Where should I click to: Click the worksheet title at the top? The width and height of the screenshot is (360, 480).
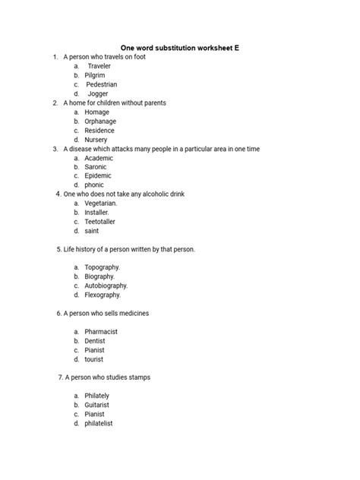tap(180, 47)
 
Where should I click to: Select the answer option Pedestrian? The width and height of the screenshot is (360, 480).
tap(102, 84)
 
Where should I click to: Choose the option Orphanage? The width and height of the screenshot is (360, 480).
tap(100, 122)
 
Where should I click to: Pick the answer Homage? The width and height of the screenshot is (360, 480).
tap(96, 112)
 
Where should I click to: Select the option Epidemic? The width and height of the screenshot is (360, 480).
tap(98, 175)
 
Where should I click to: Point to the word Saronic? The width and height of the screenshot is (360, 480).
tap(96, 166)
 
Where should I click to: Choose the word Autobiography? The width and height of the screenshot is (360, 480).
tap(106, 286)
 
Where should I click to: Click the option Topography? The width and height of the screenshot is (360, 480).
tap(103, 267)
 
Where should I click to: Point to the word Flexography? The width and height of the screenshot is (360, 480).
tap(103, 295)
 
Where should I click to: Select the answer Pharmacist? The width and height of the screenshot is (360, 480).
tap(101, 332)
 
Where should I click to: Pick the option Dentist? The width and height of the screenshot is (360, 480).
tap(95, 341)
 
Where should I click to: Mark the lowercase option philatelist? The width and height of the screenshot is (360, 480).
tap(99, 424)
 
